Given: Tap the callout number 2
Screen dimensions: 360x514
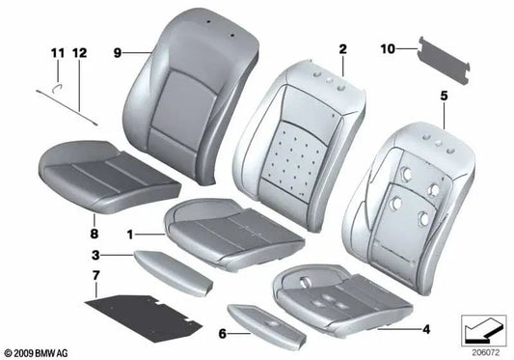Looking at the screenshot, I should [x=341, y=47].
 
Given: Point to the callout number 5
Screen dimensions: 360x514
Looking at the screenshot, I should [x=444, y=95].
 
